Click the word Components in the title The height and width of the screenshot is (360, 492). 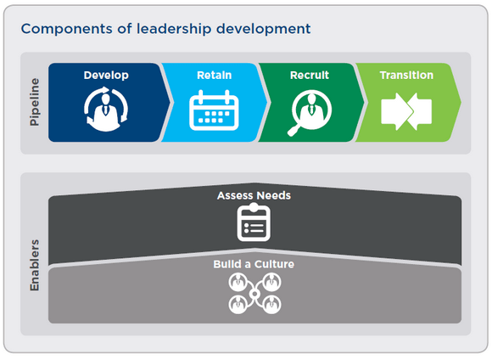coord(66,29)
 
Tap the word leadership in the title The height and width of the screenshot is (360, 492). coord(174,30)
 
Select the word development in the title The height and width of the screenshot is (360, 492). coord(264,30)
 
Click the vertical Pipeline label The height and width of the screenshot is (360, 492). coord(35,102)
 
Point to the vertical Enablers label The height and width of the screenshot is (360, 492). coord(35,266)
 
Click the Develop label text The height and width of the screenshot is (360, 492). coord(106,76)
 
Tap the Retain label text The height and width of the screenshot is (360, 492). coord(215,76)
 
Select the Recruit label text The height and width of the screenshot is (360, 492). coord(310,76)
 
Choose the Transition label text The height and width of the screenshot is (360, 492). coord(406,76)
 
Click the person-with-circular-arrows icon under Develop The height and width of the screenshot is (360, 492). coord(106,109)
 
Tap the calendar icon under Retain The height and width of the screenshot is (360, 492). coord(214,110)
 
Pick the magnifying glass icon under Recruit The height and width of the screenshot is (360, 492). coord(310,112)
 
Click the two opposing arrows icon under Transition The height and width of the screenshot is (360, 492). coord(406,111)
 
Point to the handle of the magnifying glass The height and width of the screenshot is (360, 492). coord(294,131)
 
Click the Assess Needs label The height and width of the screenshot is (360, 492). coord(254,195)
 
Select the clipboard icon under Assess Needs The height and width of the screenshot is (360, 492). coord(254,222)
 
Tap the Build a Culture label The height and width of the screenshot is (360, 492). coord(254,264)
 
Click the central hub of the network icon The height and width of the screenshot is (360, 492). coord(254,294)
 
